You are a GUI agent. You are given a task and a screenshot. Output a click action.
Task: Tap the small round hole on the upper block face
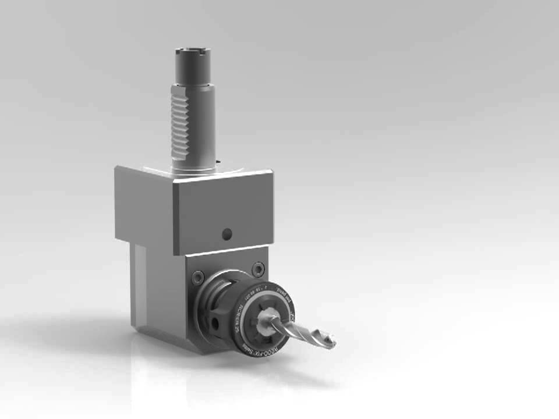(227, 235)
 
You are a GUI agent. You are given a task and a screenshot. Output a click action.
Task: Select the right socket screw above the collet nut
(258, 269)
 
